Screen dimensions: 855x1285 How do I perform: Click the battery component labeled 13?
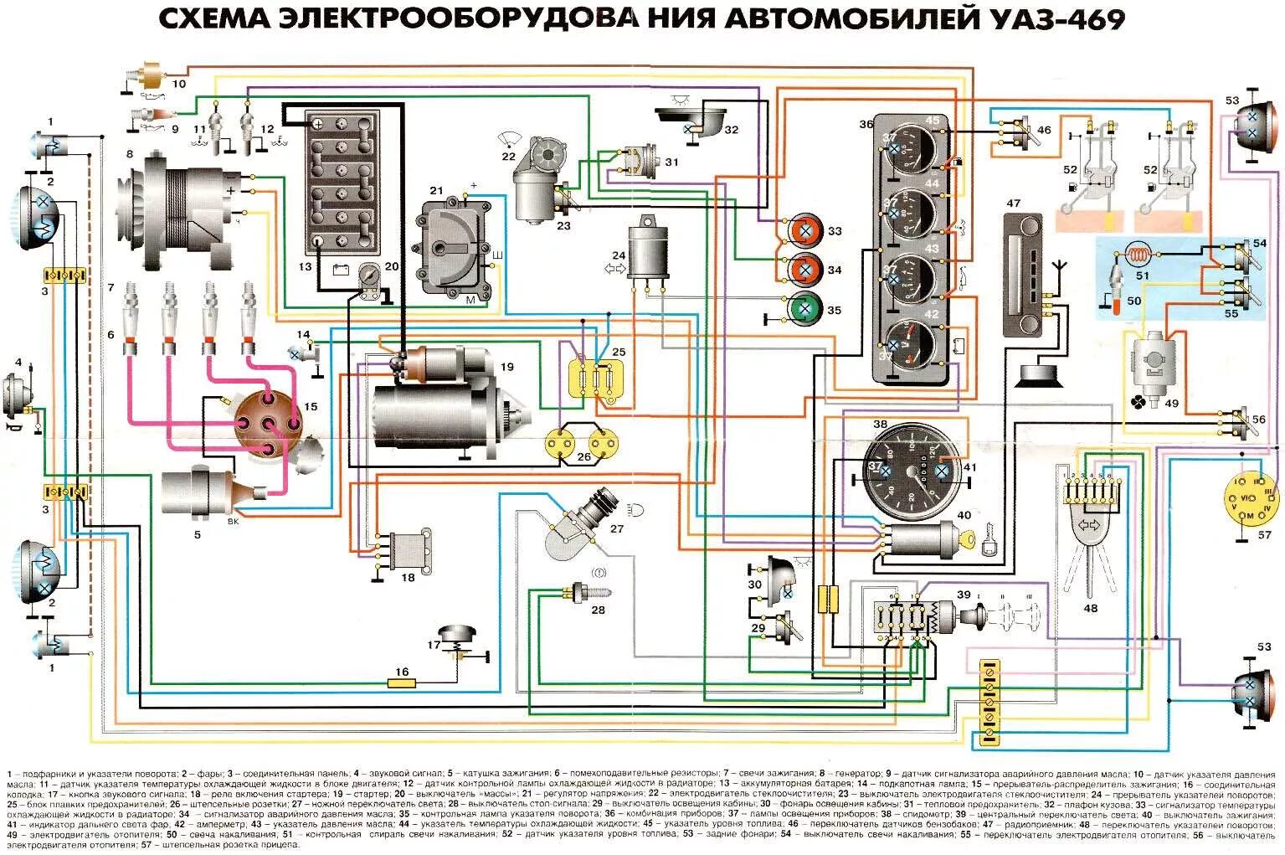click(x=342, y=181)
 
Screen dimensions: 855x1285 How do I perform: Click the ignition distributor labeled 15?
click(x=266, y=423)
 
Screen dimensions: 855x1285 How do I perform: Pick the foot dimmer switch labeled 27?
click(x=578, y=528)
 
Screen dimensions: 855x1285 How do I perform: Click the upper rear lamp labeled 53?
click(x=1252, y=126)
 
